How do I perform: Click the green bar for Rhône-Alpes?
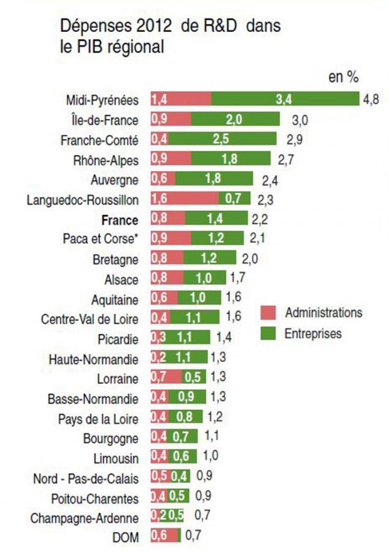tap(231, 160)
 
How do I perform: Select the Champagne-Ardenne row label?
tap(85, 517)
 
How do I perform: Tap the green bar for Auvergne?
tap(214, 179)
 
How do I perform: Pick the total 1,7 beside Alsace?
tap(238, 279)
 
